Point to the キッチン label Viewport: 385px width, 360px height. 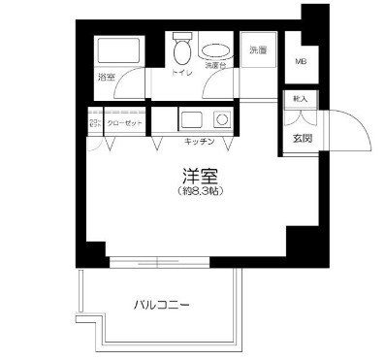point(201,142)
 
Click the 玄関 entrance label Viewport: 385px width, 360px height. point(301,138)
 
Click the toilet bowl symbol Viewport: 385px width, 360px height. point(181,50)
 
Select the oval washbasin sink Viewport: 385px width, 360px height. point(215,53)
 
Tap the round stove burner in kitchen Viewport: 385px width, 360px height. point(221,120)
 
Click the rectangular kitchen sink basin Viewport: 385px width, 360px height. point(190,120)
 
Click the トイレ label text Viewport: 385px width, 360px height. point(180,72)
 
